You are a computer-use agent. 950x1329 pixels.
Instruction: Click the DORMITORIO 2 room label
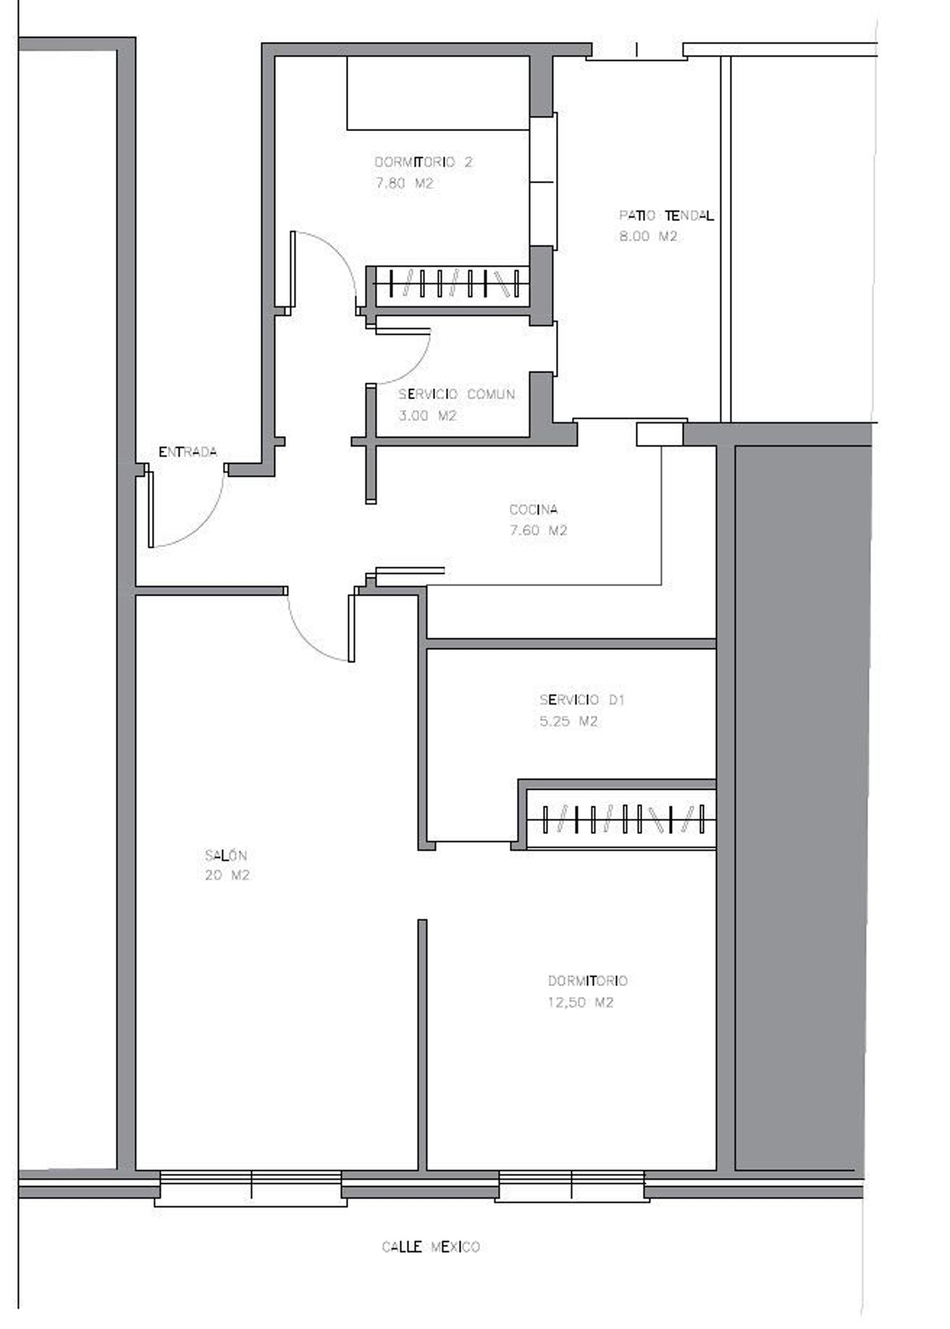[423, 162]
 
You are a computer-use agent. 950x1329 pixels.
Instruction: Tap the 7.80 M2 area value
[403, 184]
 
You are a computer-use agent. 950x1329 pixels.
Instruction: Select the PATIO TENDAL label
[666, 215]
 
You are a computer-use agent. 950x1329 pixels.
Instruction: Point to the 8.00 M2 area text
[648, 236]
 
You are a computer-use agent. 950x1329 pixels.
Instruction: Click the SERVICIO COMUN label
[457, 394]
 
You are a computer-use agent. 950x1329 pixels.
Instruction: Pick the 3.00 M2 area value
[427, 416]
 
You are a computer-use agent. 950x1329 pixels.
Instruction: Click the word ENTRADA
[187, 452]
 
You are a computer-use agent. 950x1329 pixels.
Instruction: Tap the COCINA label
[533, 509]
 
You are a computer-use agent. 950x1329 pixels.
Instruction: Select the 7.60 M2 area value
[538, 530]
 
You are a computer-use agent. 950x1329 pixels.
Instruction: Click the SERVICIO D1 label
[582, 700]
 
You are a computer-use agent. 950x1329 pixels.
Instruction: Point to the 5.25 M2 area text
[569, 721]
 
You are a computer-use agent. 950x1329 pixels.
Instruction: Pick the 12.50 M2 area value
[581, 1002]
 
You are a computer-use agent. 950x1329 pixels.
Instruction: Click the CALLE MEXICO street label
[431, 1247]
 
